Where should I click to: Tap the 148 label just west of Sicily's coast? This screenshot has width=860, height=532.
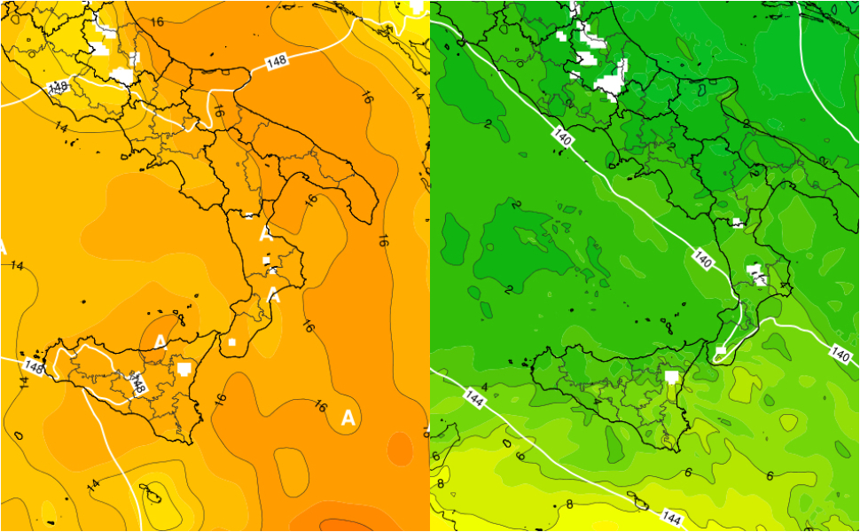tap(34, 365)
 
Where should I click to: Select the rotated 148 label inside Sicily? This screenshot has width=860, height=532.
tap(138, 385)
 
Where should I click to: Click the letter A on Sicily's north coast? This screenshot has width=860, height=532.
tap(160, 342)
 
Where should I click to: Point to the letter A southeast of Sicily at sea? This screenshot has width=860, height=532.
tap(348, 417)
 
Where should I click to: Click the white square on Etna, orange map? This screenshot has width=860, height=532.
tap(184, 366)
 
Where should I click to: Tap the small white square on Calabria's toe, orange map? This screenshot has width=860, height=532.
tap(231, 341)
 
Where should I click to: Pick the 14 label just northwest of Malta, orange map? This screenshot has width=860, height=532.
tap(94, 484)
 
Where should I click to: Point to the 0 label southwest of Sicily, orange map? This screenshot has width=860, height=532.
tap(19, 436)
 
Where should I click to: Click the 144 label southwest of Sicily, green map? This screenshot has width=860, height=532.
tap(474, 400)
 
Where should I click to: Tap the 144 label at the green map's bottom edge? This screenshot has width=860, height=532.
tap(671, 515)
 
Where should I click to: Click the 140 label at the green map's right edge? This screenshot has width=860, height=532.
tap(840, 355)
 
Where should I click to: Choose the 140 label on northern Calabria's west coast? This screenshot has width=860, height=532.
tap(702, 262)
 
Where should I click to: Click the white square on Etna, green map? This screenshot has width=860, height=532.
tap(672, 377)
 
